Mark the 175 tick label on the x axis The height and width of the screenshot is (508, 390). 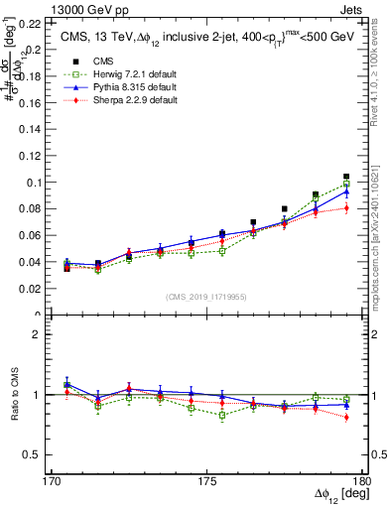[207, 481]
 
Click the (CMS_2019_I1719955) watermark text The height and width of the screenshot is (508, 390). [207, 297]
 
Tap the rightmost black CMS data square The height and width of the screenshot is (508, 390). [346, 177]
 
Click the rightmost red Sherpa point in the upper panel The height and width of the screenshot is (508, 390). [346, 208]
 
